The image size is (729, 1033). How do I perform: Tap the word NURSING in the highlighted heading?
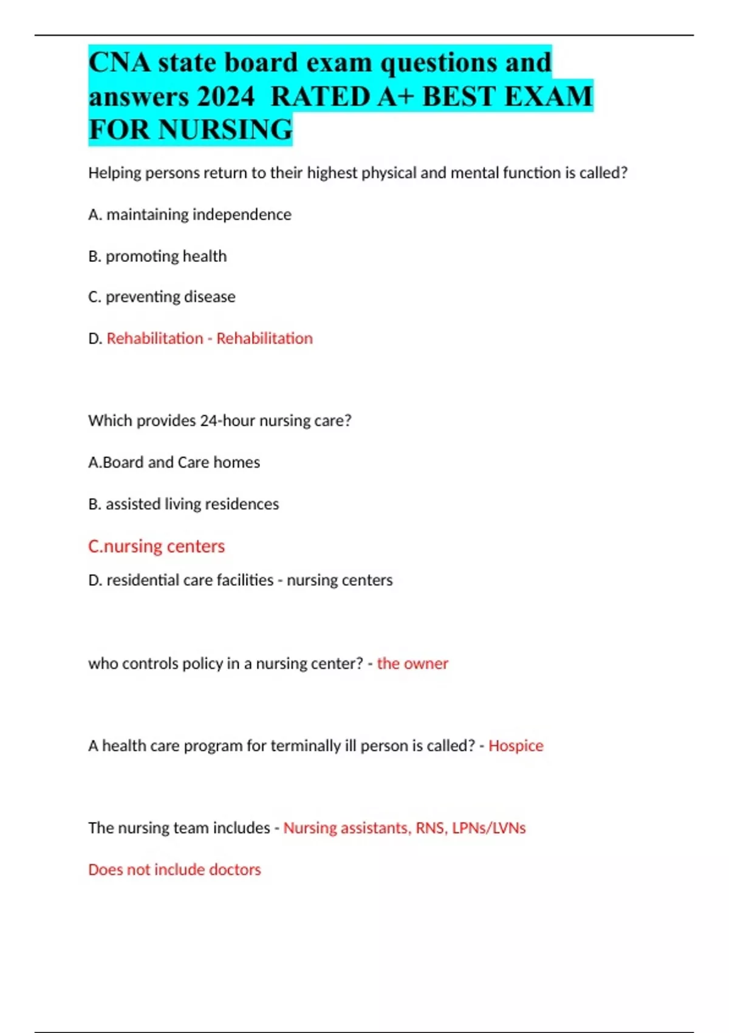click(x=225, y=130)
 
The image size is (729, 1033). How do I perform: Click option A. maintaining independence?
click(x=190, y=214)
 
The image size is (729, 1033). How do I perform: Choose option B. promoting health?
click(x=157, y=256)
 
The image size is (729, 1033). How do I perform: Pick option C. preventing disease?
click(x=162, y=297)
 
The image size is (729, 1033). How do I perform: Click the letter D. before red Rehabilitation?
click(x=95, y=338)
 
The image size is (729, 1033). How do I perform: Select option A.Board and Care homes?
click(x=174, y=462)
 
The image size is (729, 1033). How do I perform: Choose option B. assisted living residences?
click(x=183, y=504)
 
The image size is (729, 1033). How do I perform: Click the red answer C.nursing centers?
click(x=156, y=546)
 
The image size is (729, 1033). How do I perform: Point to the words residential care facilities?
click(x=190, y=580)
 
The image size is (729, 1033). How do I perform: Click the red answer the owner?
click(x=412, y=664)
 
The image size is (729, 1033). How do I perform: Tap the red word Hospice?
click(x=516, y=746)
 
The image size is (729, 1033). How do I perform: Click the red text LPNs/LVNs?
click(x=488, y=828)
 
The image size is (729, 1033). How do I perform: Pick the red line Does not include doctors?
click(x=174, y=870)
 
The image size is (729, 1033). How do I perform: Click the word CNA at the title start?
click(x=120, y=63)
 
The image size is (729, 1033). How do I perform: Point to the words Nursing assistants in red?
click(x=346, y=828)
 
